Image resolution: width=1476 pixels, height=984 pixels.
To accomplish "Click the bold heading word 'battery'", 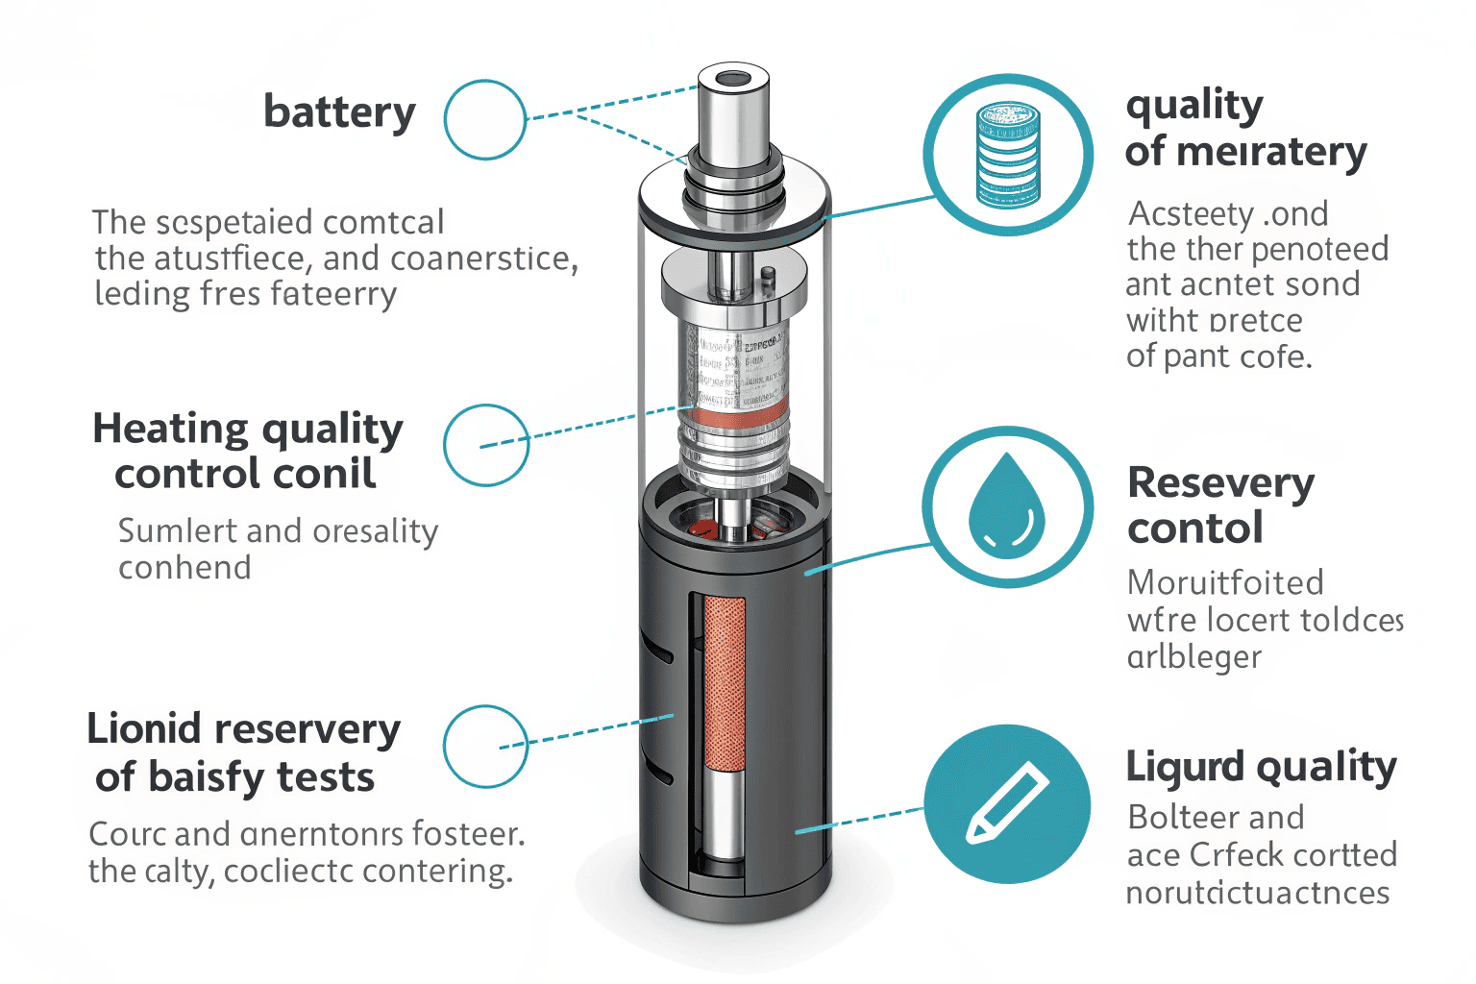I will [x=339, y=113].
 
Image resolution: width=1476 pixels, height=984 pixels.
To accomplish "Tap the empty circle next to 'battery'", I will [x=485, y=120].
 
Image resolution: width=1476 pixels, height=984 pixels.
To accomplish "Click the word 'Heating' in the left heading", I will [x=170, y=429].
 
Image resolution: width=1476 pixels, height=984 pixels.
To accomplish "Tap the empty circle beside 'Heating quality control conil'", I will [x=486, y=445].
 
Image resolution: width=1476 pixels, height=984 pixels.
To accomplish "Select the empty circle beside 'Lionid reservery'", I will [x=486, y=746].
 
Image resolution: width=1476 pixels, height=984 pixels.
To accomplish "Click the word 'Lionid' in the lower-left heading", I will [x=145, y=729].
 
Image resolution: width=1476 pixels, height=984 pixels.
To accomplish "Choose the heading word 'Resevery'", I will [x=1220, y=483].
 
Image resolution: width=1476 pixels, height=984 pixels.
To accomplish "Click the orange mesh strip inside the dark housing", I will [x=725, y=682].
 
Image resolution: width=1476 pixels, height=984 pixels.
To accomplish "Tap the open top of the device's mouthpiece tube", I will [x=732, y=78].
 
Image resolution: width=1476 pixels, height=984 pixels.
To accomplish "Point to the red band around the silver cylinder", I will [x=734, y=418].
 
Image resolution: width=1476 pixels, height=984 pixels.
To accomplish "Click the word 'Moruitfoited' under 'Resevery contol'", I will [x=1225, y=583].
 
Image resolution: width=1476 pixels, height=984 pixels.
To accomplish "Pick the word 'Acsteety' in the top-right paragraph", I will [x=1192, y=213].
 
